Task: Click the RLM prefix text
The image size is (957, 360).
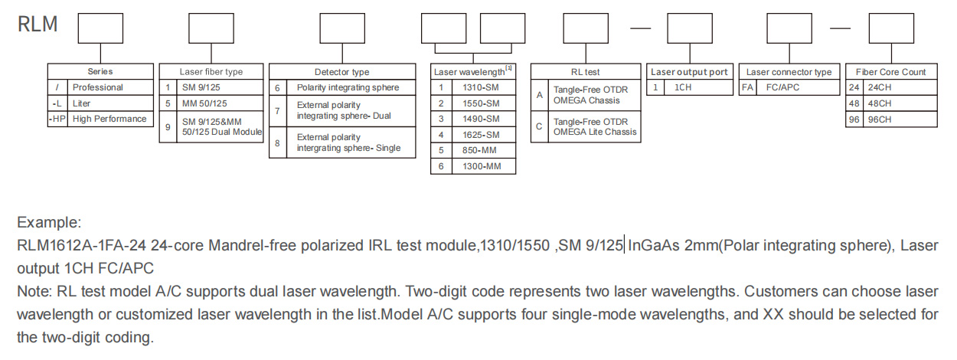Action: coord(38,25)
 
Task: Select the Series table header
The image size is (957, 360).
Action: coord(100,72)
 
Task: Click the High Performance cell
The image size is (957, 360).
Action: coord(109,119)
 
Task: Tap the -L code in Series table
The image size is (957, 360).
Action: coord(57,103)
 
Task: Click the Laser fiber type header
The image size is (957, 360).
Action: coord(211,72)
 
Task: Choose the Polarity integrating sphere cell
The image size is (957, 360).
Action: coord(348,87)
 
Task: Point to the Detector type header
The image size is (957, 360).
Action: coord(341,72)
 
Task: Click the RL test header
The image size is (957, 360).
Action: coord(586,72)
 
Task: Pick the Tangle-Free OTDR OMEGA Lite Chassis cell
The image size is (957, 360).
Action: coord(595,126)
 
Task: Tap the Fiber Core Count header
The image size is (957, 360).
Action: coord(890,72)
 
